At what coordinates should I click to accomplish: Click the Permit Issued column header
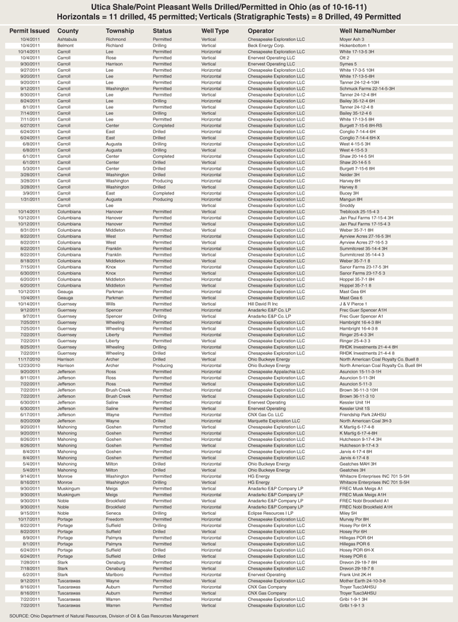coord(30,31)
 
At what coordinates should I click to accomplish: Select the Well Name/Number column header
coord(367,31)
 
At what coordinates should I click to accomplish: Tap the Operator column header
coord(261,31)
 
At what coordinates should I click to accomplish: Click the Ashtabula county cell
coord(68,39)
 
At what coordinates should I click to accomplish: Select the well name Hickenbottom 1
coord(357,46)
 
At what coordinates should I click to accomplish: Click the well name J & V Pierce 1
coord(355,304)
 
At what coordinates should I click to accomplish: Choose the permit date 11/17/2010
coord(30,359)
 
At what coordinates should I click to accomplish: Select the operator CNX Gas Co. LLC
coord(267,415)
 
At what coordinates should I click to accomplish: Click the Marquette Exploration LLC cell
coord(275,421)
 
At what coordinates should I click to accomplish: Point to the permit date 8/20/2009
coord(30,421)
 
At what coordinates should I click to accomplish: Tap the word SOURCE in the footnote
coord(20,616)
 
